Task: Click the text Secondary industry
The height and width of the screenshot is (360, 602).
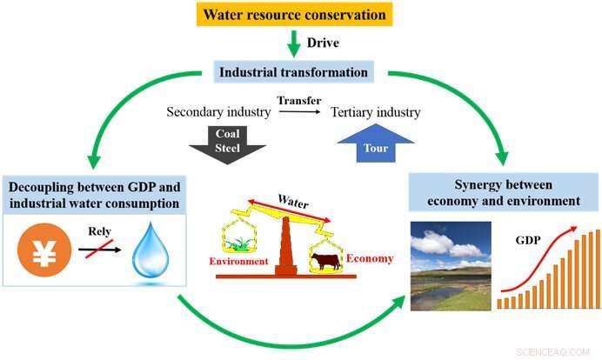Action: [x=215, y=112]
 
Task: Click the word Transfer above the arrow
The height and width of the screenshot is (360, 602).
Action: [x=292, y=101]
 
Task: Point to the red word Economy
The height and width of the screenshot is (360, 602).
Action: [x=368, y=258]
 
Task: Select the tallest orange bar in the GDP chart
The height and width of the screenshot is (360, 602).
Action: [x=595, y=270]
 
